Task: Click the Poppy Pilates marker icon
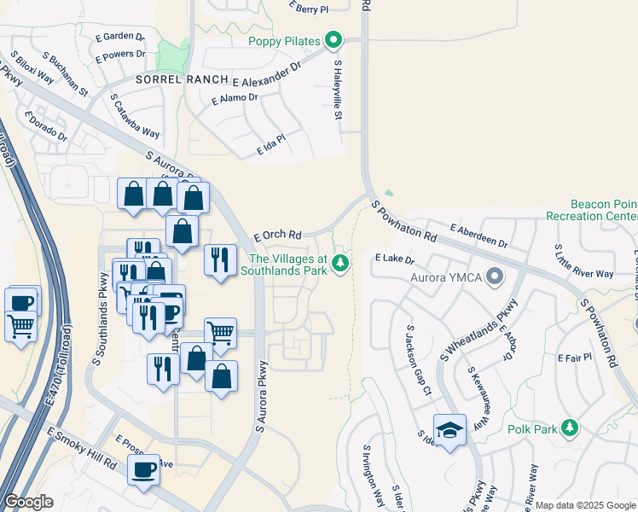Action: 333,41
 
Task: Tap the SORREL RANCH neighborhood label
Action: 183,79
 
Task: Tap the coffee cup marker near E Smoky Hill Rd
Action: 143,469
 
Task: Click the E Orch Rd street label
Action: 278,235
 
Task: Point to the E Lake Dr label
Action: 394,258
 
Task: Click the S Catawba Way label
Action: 135,116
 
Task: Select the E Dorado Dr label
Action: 45,126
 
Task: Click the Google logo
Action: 29,502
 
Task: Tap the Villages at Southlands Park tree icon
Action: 340,263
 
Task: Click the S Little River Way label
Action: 584,260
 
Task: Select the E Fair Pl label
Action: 573,356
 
